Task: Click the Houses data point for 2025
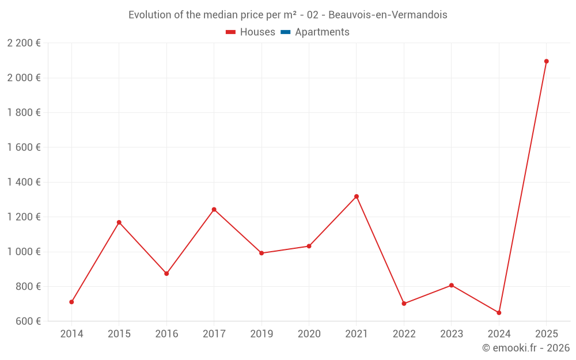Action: [546, 61]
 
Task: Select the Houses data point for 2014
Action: [71, 302]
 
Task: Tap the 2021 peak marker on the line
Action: [357, 196]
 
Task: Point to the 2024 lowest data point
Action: [499, 313]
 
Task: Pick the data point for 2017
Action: [214, 209]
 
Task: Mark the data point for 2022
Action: [404, 304]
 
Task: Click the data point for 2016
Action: [166, 274]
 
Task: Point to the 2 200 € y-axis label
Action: [24, 43]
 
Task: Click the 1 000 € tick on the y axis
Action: [24, 252]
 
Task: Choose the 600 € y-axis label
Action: [28, 321]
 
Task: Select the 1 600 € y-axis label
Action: [24, 147]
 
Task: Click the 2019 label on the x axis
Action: [262, 334]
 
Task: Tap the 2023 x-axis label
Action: [451, 334]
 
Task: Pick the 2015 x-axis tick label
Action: [119, 334]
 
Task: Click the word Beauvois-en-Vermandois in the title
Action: [388, 15]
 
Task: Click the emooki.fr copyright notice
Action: [526, 348]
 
